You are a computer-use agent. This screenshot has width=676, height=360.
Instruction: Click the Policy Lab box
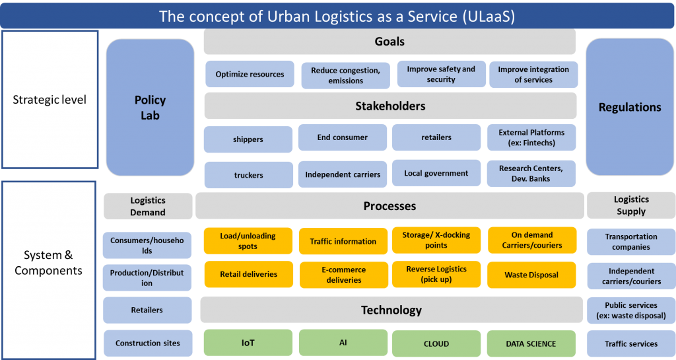pyautogui.click(x=150, y=107)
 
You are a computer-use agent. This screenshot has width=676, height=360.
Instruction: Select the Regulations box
pyautogui.click(x=629, y=107)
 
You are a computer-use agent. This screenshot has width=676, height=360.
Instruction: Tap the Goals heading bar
pyautogui.click(x=389, y=42)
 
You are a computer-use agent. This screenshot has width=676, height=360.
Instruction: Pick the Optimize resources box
pyautogui.click(x=250, y=75)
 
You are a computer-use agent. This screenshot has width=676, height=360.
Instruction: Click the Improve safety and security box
pyautogui.click(x=440, y=74)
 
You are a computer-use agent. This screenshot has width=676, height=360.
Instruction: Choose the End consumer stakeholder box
pyautogui.click(x=342, y=137)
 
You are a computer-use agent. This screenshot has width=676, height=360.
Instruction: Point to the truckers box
pyautogui.click(x=248, y=175)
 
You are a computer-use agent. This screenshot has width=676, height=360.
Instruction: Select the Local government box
pyautogui.click(x=436, y=174)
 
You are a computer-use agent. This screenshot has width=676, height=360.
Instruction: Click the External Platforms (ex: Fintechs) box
pyautogui.click(x=531, y=137)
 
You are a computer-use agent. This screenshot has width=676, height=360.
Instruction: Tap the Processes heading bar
pyautogui.click(x=389, y=206)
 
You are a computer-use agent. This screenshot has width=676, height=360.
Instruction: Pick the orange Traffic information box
pyautogui.click(x=343, y=242)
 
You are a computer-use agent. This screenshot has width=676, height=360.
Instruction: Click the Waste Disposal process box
pyautogui.click(x=531, y=275)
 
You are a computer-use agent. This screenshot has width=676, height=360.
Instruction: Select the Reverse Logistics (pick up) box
pyautogui.click(x=436, y=274)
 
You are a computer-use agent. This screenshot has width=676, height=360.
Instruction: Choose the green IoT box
pyautogui.click(x=248, y=343)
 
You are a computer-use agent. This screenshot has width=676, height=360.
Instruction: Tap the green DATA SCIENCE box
pyautogui.click(x=531, y=343)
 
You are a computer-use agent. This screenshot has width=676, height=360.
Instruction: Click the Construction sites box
pyautogui.click(x=147, y=343)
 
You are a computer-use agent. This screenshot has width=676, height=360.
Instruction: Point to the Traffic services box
pyautogui.click(x=631, y=343)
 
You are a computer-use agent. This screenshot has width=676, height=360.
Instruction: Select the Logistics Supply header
pyautogui.click(x=631, y=205)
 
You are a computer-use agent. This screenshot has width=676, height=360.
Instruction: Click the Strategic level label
pyautogui.click(x=50, y=100)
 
